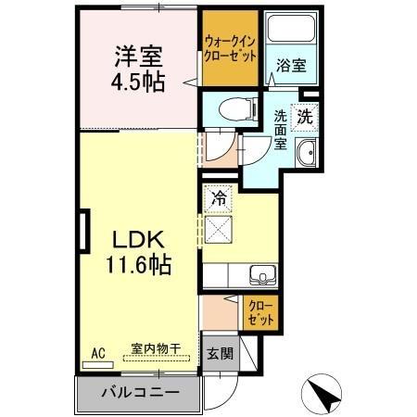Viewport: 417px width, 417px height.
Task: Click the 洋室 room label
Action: pyautogui.click(x=139, y=55)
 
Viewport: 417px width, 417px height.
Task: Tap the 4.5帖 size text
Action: pyautogui.click(x=139, y=82)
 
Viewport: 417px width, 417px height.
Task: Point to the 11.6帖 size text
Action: pyautogui.click(x=137, y=265)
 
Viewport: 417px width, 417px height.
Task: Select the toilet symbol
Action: pyautogui.click(x=225, y=112)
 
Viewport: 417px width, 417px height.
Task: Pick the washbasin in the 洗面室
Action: pyautogui.click(x=306, y=153)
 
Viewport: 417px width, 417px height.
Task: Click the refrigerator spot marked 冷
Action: pyautogui.click(x=219, y=197)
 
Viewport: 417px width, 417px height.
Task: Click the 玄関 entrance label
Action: pyautogui.click(x=219, y=353)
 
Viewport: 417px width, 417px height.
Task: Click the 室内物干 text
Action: pyautogui.click(x=156, y=348)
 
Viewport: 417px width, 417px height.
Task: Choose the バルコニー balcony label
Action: pyautogui.click(x=137, y=394)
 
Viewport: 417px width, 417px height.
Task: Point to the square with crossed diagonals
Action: pyautogui.click(x=219, y=227)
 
